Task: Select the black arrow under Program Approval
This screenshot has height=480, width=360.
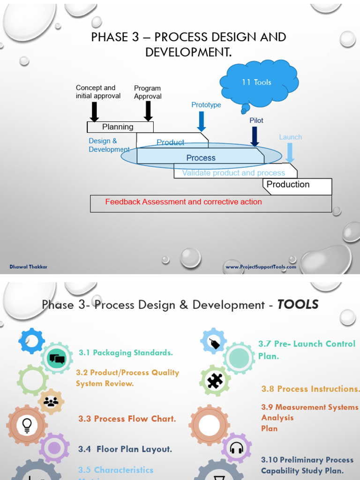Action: [x=148, y=111]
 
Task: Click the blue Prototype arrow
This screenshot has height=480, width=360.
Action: [x=202, y=120]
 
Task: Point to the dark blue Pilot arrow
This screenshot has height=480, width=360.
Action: [x=255, y=136]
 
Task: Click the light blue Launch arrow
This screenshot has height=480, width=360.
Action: [x=290, y=152]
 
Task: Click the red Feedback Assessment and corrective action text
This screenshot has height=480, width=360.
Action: [x=183, y=202]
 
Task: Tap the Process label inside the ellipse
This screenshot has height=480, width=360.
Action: [x=201, y=158]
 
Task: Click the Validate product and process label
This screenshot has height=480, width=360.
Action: [x=233, y=173]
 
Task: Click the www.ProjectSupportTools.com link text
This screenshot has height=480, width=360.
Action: [x=261, y=267]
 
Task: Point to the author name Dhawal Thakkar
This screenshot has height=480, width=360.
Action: [x=29, y=267]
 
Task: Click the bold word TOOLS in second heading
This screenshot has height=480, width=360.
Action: [x=298, y=305]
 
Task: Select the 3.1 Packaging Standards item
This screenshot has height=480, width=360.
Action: [x=126, y=352]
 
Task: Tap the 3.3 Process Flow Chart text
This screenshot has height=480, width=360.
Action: [x=127, y=419]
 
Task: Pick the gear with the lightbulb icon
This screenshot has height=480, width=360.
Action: [x=27, y=425]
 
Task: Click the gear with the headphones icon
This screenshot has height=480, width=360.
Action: [x=236, y=448]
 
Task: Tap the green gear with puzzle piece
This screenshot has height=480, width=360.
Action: [x=215, y=381]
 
